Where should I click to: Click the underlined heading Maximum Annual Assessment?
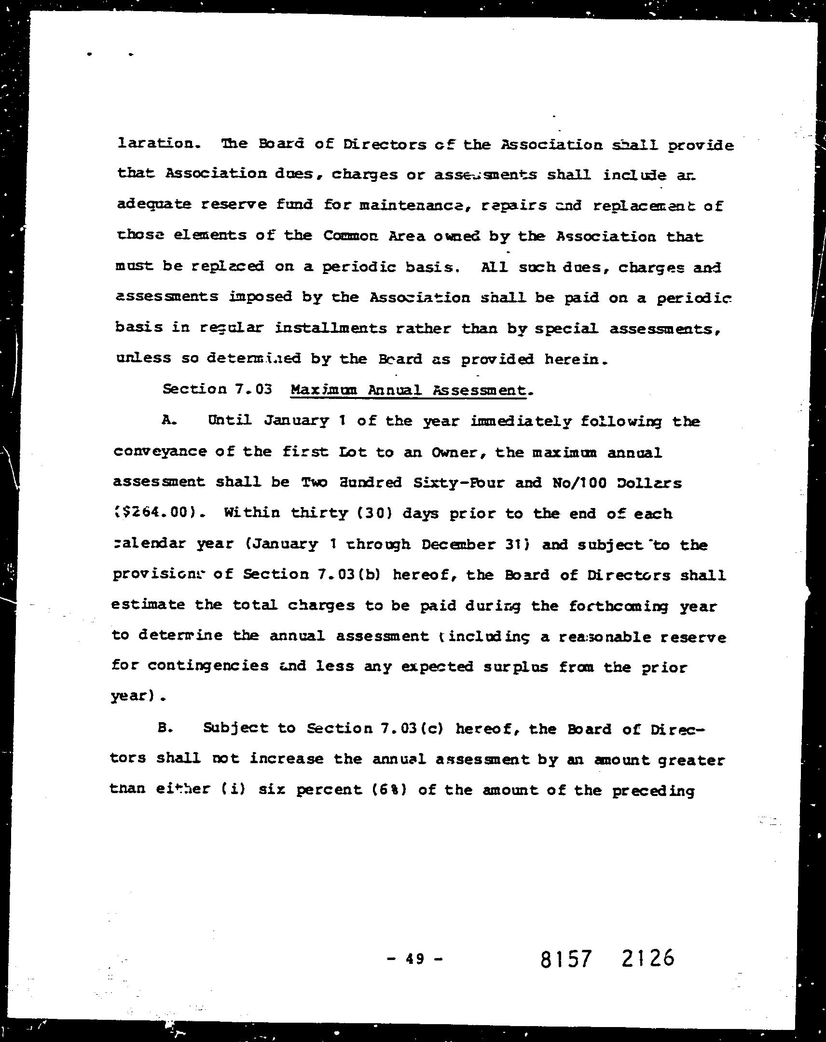point(407,390)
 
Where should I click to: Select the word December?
point(458,544)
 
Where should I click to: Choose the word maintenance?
point(410,205)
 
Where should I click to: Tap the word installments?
point(330,328)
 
